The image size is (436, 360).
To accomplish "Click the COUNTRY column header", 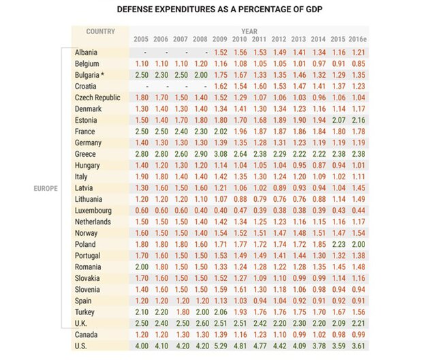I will coord(99,31).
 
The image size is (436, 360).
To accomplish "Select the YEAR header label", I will coord(249,31).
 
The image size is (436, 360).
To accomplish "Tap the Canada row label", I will coord(89,335).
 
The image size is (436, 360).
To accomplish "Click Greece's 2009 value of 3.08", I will coord(220,154).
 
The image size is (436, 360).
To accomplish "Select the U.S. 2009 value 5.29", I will coord(220,346).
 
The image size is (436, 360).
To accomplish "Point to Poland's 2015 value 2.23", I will coord(339,244).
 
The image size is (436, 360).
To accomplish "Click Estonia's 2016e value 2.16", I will coord(359,120).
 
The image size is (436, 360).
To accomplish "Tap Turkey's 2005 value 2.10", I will coord(141,312).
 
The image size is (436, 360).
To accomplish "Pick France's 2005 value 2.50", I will coord(141,132).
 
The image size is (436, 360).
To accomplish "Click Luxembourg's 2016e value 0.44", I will coord(359,211).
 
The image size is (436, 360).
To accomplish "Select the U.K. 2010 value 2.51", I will coord(240,324).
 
